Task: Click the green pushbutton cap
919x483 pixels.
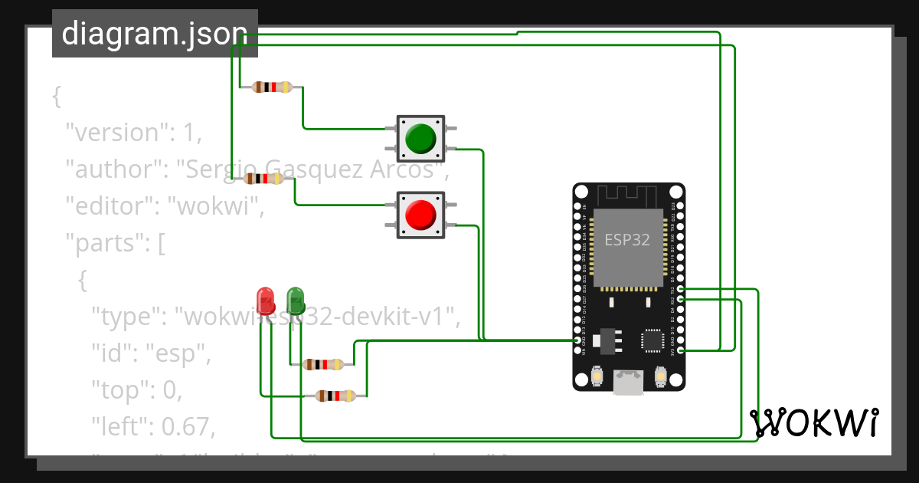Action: point(420,137)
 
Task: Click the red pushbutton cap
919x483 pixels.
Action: point(420,214)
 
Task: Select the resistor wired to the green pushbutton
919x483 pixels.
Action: point(272,87)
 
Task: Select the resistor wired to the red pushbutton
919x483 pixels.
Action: point(263,179)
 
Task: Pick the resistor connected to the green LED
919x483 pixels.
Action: point(322,365)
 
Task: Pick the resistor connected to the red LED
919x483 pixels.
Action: point(335,396)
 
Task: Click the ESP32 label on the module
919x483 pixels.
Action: point(627,239)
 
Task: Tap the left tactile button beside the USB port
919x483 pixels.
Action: point(597,376)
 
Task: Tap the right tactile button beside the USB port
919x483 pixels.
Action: point(660,376)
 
